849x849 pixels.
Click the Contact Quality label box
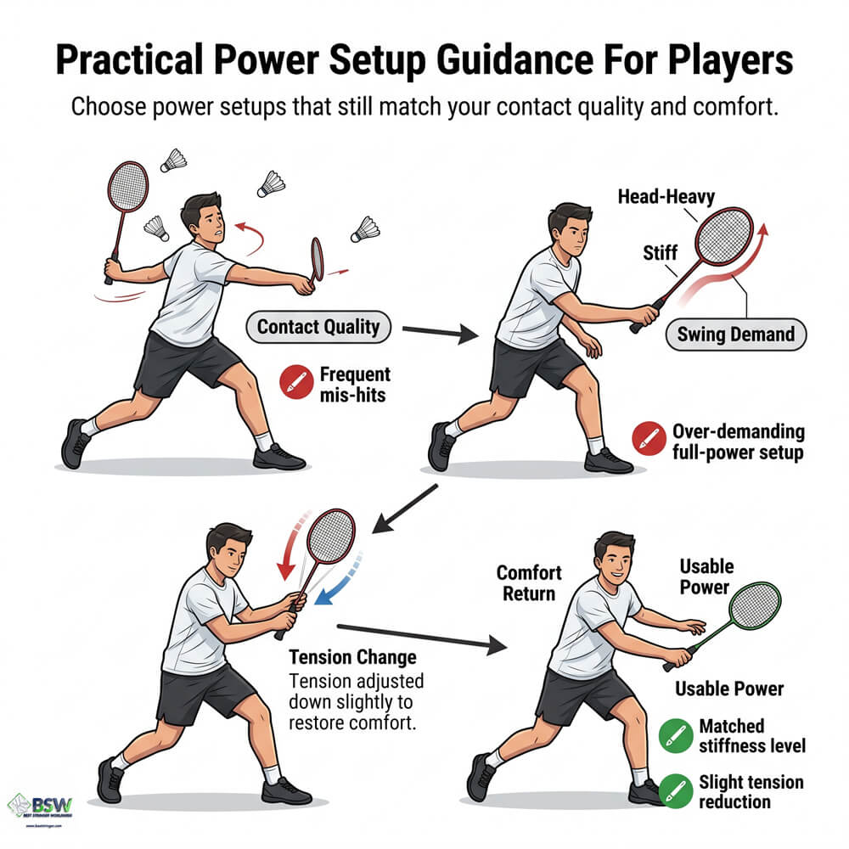[318, 327]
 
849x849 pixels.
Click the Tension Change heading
[352, 658]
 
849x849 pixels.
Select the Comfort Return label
[529, 582]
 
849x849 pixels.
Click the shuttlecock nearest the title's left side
[174, 159]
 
